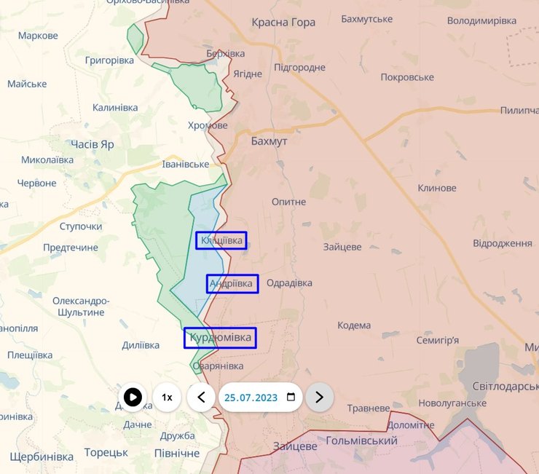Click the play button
click(x=133, y=397)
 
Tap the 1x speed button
click(x=167, y=397)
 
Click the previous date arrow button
click(x=201, y=397)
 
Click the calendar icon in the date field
click(x=291, y=397)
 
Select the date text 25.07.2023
click(x=251, y=398)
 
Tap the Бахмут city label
click(x=269, y=141)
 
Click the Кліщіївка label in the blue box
click(x=221, y=240)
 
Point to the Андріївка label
click(x=232, y=283)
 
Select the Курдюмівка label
click(x=220, y=338)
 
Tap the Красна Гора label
click(x=283, y=23)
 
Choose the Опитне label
click(x=288, y=202)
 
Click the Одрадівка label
click(x=289, y=283)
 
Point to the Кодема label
click(x=354, y=325)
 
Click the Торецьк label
click(x=106, y=452)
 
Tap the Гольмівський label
click(x=361, y=441)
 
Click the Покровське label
click(x=406, y=77)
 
